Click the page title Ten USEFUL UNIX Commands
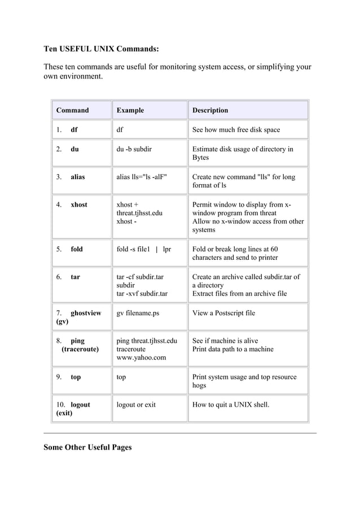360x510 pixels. click(101, 49)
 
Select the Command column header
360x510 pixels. click(72, 110)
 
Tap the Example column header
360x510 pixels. click(130, 110)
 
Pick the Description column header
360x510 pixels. click(210, 110)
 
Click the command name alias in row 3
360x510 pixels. click(78, 177)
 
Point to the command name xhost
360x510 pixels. click(79, 204)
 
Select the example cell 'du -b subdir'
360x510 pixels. click(134, 149)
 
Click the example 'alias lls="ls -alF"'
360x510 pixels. click(142, 177)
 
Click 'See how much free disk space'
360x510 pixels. click(236, 130)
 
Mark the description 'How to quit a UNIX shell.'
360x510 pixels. click(231, 404)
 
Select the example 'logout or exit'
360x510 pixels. click(136, 404)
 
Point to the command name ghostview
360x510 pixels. click(86, 313)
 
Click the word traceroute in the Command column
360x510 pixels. click(80, 349)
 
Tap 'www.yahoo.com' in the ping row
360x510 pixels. click(141, 358)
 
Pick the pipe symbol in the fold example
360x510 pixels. click(156, 249)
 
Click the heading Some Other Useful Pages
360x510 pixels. click(87, 447)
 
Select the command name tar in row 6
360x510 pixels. click(75, 277)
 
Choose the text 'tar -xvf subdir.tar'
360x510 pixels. click(142, 294)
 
